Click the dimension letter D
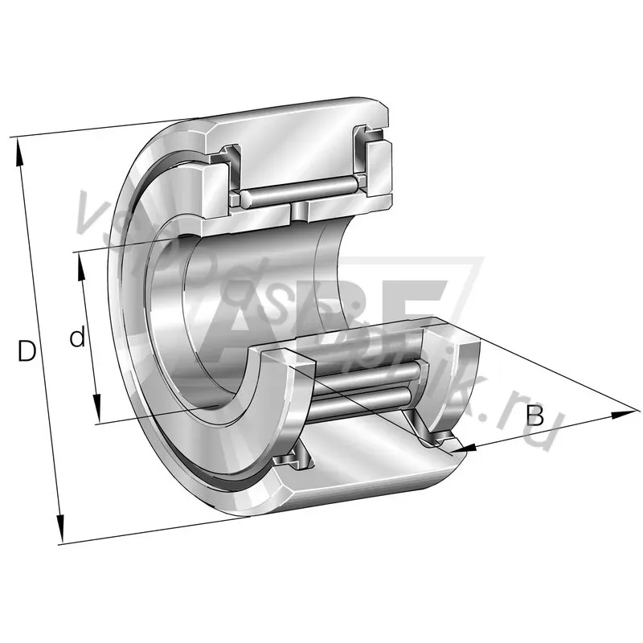pyautogui.click(x=27, y=351)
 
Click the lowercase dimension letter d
pyautogui.click(x=77, y=338)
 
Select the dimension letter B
pyautogui.click(x=536, y=416)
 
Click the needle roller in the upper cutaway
pyautogui.click(x=297, y=192)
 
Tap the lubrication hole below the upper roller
pyautogui.click(x=299, y=211)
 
